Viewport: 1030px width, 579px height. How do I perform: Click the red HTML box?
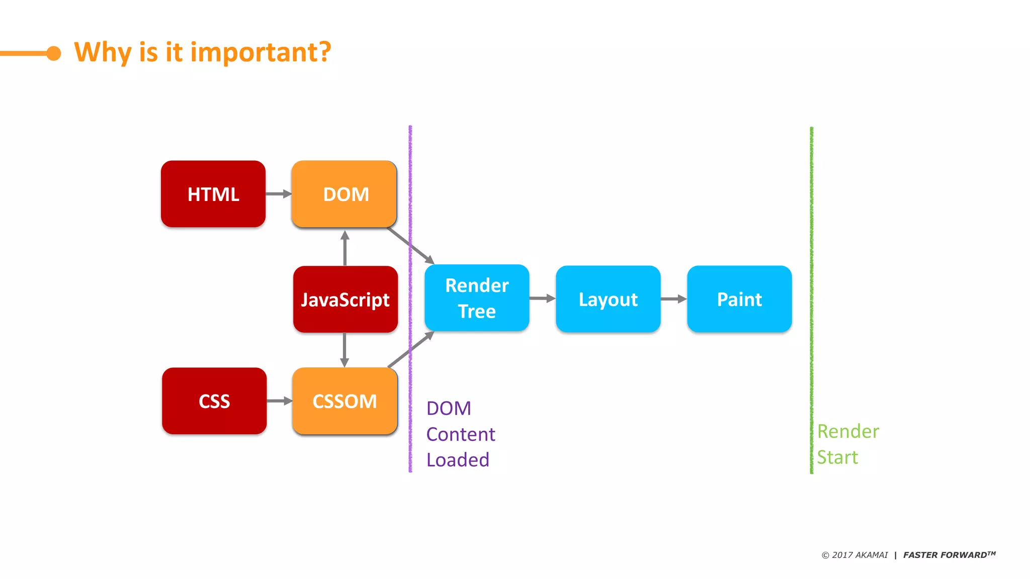click(213, 194)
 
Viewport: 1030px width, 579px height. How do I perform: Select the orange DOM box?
click(345, 194)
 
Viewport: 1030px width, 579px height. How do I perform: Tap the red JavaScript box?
click(346, 300)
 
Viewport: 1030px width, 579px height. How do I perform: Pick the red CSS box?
click(214, 401)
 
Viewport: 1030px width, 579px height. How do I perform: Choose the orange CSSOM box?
click(345, 401)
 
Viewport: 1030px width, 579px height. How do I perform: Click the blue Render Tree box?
click(477, 298)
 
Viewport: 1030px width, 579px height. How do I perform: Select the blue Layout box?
click(608, 299)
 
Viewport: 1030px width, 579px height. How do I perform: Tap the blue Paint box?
click(739, 299)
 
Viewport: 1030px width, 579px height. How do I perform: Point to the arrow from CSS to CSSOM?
click(280, 401)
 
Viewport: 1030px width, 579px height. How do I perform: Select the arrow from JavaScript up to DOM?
click(345, 248)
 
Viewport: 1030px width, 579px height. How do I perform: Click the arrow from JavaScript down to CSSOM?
click(345, 350)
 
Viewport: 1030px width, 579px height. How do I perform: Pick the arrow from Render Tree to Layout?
click(542, 299)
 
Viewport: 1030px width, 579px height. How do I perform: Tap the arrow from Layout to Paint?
click(674, 299)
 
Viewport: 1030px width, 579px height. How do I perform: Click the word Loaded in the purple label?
click(458, 460)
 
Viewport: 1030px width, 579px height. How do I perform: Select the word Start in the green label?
click(837, 457)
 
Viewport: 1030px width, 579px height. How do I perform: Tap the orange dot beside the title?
click(53, 53)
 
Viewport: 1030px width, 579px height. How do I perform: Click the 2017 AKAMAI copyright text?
click(855, 555)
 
